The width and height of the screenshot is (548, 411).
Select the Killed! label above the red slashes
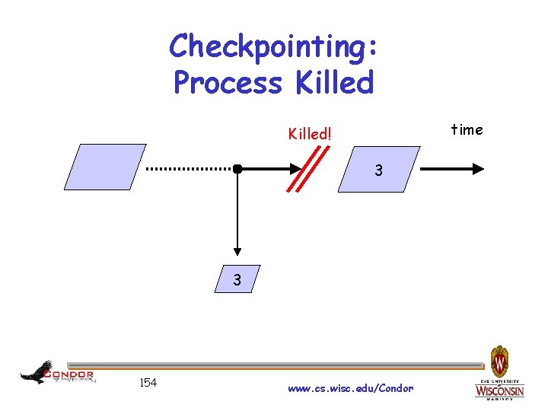click(x=310, y=133)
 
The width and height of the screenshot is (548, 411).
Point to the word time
click(x=467, y=129)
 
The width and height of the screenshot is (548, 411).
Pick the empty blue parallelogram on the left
click(x=105, y=167)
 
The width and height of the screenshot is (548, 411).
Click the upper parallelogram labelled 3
click(x=379, y=168)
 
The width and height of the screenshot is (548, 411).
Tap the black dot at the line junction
click(x=237, y=168)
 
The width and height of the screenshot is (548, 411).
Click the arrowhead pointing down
click(x=237, y=250)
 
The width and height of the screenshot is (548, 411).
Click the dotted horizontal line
click(x=190, y=168)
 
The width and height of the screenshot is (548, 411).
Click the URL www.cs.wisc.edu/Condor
click(x=351, y=388)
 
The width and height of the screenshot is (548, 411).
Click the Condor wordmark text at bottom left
click(x=69, y=374)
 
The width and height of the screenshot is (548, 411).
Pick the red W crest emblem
click(x=499, y=358)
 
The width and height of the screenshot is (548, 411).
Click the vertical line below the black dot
click(x=237, y=209)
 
